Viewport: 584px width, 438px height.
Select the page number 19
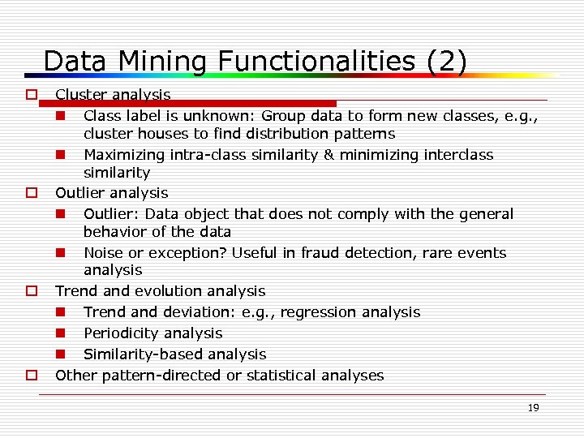(533, 408)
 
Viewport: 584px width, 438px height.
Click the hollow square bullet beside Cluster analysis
(31, 95)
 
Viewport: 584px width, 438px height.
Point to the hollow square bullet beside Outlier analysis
(31, 193)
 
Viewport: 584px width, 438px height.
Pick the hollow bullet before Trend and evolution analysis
(31, 290)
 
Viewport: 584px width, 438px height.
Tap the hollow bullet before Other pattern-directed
(31, 376)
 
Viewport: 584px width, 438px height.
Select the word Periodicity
(122, 333)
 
